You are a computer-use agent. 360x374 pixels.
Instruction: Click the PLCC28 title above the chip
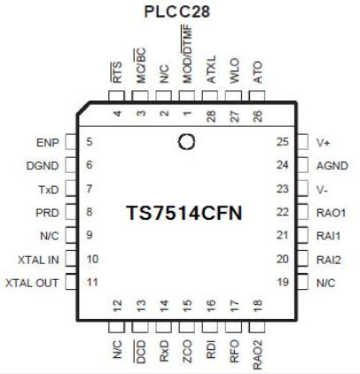pyautogui.click(x=179, y=11)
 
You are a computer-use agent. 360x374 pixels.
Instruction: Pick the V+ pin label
pyautogui.click(x=324, y=140)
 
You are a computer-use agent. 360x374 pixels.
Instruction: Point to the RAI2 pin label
pyautogui.click(x=330, y=260)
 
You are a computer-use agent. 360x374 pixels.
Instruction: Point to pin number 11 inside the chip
pyautogui.click(x=92, y=283)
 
